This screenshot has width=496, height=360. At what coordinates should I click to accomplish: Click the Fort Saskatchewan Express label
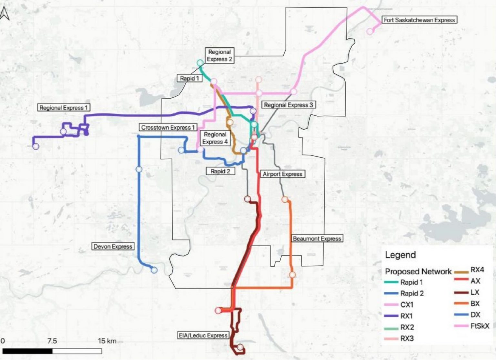419,20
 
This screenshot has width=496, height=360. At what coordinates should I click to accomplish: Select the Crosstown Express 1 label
168,127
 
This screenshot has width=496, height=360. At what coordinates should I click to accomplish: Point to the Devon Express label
113,247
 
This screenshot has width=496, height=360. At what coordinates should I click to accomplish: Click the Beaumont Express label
316,238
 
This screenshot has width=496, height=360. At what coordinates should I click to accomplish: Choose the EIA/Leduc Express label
203,335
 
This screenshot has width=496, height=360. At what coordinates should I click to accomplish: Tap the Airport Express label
282,174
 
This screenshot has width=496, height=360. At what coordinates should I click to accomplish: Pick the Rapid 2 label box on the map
220,171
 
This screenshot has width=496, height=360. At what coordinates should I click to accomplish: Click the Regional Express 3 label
288,105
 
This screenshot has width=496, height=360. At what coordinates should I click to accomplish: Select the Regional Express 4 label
215,138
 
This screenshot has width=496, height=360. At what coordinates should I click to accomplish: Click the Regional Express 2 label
219,55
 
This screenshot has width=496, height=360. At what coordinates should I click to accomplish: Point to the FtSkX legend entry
480,326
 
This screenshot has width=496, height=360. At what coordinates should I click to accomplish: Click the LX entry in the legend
475,292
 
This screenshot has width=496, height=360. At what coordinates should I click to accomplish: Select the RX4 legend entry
477,270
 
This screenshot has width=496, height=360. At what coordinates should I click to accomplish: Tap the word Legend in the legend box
400,255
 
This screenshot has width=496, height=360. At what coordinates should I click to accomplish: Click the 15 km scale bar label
107,341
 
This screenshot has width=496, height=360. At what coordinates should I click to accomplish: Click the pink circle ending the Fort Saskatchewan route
370,31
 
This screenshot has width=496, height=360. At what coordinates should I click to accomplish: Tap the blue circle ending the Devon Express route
154,270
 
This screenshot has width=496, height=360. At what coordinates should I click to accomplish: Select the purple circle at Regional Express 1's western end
36,146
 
